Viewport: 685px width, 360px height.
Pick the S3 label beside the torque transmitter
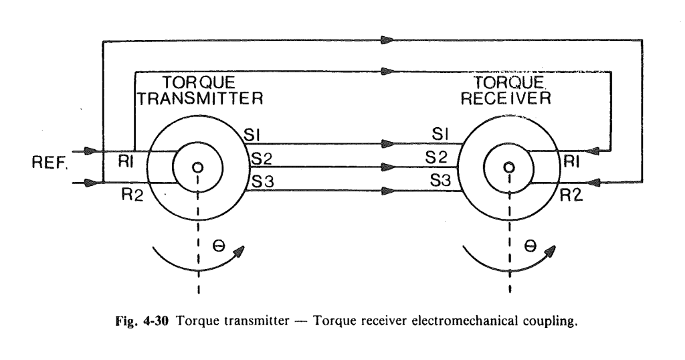click(x=260, y=181)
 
